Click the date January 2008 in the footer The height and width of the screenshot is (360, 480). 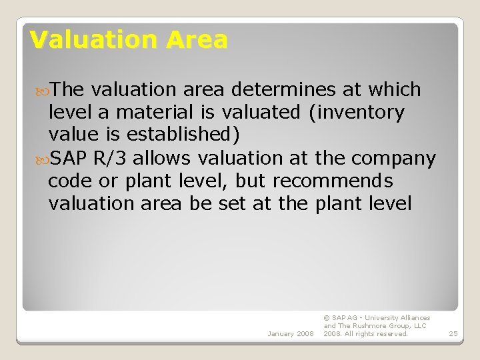pos(291,334)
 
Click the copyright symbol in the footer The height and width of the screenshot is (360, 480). pos(327,318)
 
